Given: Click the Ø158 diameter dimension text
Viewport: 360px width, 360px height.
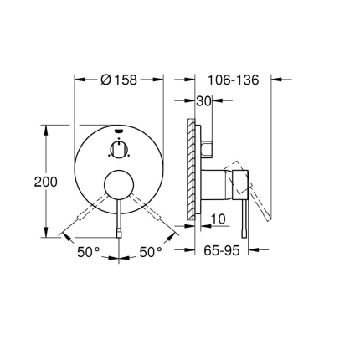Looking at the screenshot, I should (x=119, y=80).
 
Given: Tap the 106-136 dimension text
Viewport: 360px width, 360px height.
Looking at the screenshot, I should (x=232, y=80).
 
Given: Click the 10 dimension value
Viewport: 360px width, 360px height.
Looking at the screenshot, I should (x=219, y=219).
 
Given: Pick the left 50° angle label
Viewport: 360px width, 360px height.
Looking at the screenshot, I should (x=90, y=251).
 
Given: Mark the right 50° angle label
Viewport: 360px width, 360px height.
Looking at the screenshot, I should (x=151, y=251).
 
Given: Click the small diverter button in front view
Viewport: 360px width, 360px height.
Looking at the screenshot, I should (x=119, y=151).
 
